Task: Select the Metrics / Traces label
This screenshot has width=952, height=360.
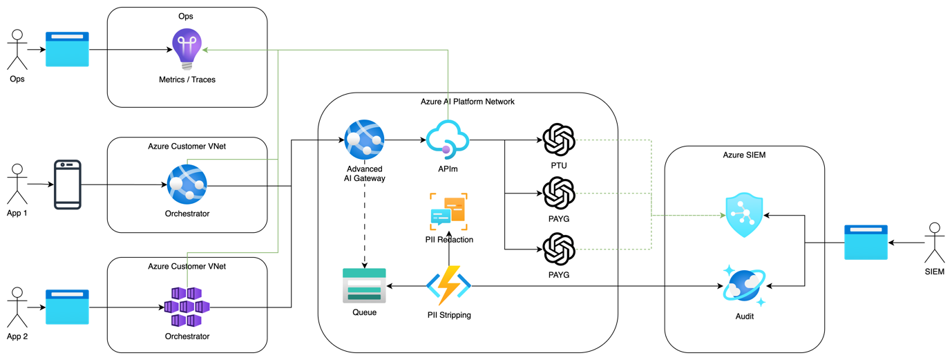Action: pyautogui.click(x=187, y=79)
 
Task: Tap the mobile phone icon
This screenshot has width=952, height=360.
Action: pyautogui.click(x=68, y=184)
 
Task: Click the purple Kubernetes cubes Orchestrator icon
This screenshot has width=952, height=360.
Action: pyautogui.click(x=187, y=307)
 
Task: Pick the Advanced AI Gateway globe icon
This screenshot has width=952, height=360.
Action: pyautogui.click(x=364, y=140)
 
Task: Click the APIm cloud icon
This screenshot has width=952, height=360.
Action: pyautogui.click(x=448, y=140)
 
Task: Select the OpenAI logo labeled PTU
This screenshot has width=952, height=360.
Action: pyautogui.click(x=559, y=140)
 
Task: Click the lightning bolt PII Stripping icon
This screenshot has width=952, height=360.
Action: pyautogui.click(x=449, y=285)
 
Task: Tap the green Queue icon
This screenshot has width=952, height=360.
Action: pyautogui.click(x=364, y=285)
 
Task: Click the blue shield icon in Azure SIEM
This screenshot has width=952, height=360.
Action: pyautogui.click(x=744, y=216)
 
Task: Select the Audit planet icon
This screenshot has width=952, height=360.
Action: pyautogui.click(x=743, y=285)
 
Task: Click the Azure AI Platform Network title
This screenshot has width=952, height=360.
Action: pyautogui.click(x=467, y=102)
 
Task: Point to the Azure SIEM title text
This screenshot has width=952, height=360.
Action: pyautogui.click(x=744, y=155)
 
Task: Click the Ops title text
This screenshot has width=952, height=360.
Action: pyautogui.click(x=187, y=17)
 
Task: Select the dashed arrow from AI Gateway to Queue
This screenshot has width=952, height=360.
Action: pyautogui.click(x=364, y=225)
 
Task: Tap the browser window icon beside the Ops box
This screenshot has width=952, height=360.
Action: pyautogui.click(x=68, y=49)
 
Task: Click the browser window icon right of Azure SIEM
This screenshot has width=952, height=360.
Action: pyautogui.click(x=866, y=243)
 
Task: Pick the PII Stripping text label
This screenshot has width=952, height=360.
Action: pyautogui.click(x=449, y=315)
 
